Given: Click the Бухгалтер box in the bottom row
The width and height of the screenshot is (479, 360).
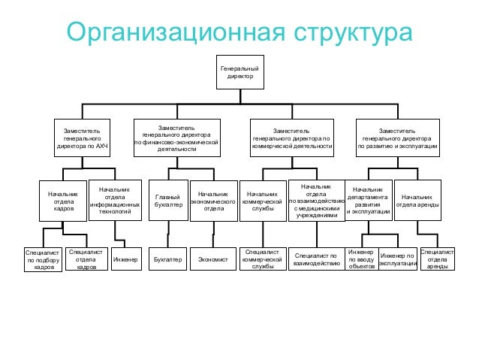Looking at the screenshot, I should point(167,260).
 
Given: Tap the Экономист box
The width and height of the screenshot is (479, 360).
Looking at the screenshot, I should point(212,260).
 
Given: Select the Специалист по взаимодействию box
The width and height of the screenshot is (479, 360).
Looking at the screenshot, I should point(316,260).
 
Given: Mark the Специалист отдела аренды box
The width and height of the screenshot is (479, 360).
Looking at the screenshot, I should point(438,259).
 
